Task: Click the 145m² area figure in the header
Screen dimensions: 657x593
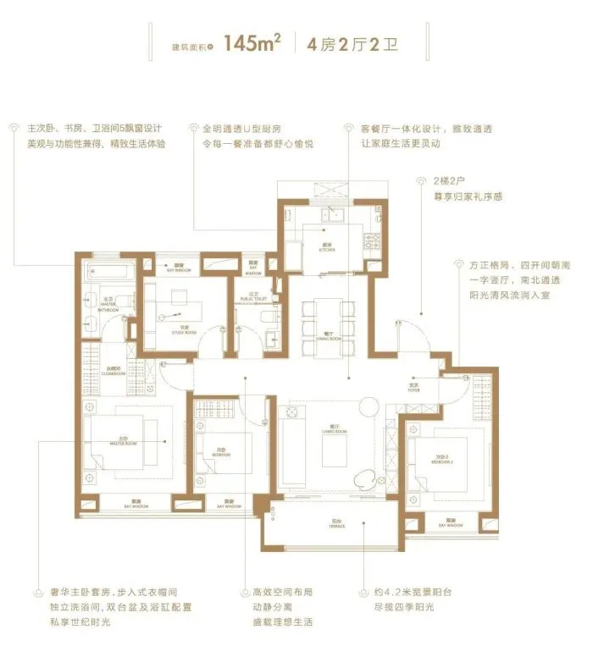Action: pos(252,43)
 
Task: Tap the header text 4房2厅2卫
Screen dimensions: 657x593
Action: pos(340,44)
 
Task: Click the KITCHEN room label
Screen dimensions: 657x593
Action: pos(329,248)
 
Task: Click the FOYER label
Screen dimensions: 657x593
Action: pos(413,389)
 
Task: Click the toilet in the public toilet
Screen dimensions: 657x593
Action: pos(269,314)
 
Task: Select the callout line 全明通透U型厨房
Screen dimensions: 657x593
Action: pos(249,130)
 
